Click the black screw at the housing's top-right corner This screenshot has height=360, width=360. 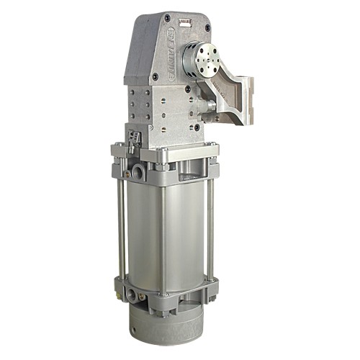[208, 28]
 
